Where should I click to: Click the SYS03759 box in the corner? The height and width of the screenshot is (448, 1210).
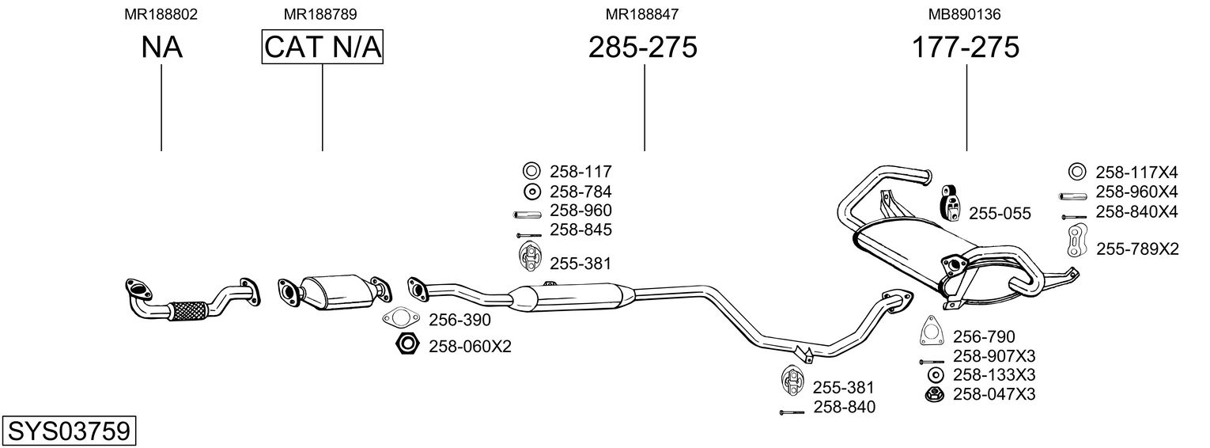tap(68, 431)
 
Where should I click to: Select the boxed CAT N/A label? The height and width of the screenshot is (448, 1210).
tap(323, 47)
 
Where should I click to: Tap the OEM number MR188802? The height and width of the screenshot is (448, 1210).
tap(161, 14)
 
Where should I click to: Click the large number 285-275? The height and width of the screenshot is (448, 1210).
tap(643, 47)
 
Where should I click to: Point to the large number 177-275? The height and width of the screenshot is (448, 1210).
tap(966, 47)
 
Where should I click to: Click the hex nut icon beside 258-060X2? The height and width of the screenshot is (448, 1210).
tap(406, 345)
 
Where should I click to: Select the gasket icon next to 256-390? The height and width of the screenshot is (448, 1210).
tap(400, 320)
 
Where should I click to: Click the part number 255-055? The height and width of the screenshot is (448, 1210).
tap(1000, 214)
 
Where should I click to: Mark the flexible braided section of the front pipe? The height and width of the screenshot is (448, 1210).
tap(188, 310)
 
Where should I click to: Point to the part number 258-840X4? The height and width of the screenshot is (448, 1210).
tap(1136, 212)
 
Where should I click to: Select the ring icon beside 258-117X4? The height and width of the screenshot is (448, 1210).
tap(1076, 172)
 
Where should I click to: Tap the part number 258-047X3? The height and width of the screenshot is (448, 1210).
tap(994, 394)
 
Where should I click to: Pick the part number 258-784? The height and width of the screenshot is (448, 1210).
tap(580, 192)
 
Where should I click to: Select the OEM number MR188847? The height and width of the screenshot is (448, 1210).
tap(642, 14)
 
